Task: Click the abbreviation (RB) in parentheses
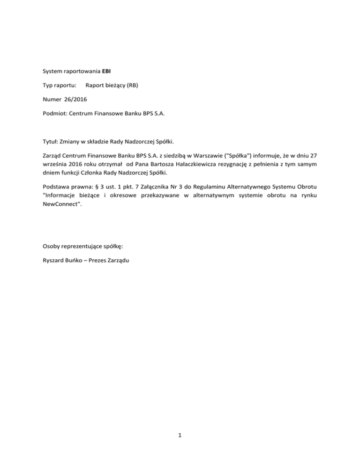(x=140, y=86)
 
